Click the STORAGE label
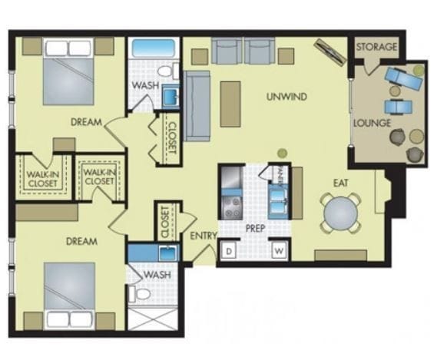tap(376, 47)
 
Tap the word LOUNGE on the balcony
tap(372, 123)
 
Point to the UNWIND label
tap(286, 97)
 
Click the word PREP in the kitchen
tap(255, 228)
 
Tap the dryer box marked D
tap(229, 251)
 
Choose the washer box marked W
tap(280, 251)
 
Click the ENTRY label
tap(204, 236)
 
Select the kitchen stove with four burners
tap(232, 204)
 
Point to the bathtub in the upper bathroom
tap(154, 48)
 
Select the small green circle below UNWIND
tap(282, 153)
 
